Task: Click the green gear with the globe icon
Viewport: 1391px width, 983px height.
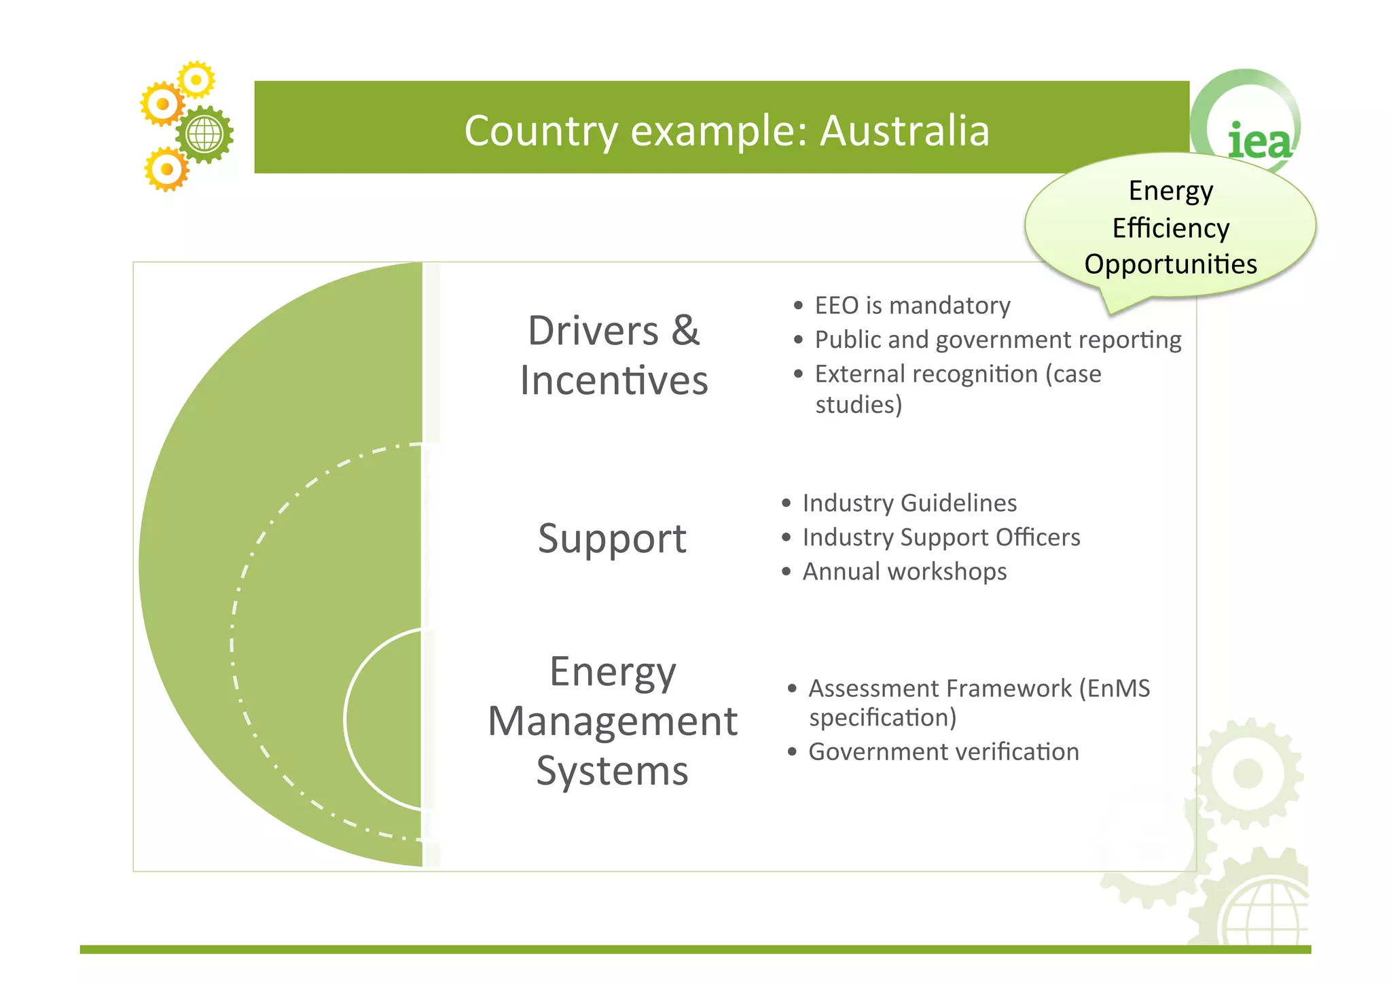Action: (204, 134)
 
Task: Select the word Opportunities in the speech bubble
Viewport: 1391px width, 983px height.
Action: (1170, 264)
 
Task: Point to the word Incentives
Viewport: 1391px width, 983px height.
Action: (614, 380)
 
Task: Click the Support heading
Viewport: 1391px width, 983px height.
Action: (612, 539)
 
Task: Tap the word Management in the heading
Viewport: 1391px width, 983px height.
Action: (612, 721)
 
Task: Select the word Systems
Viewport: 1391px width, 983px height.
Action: (612, 771)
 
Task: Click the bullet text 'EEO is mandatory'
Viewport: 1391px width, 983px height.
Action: (912, 306)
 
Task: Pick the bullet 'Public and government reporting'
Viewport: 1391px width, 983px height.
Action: (998, 340)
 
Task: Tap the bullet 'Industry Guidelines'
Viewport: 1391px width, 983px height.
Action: (909, 503)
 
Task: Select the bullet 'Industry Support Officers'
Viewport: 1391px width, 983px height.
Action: (941, 537)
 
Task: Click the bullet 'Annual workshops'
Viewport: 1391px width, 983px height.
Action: (904, 572)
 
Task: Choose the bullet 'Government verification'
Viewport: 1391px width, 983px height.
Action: (943, 752)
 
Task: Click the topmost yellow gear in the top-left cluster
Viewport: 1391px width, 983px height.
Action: (196, 80)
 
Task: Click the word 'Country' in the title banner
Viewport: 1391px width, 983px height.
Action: (541, 130)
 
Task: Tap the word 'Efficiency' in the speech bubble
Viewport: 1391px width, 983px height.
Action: (1170, 228)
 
